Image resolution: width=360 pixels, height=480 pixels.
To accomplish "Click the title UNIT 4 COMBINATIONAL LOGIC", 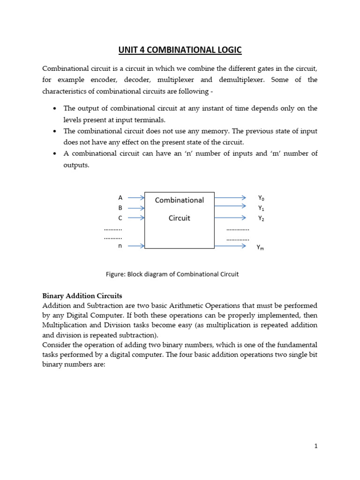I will tap(180, 51).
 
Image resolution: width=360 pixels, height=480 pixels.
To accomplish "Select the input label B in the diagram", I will tap(120, 208).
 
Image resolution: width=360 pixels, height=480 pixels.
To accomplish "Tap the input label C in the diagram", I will tap(120, 218).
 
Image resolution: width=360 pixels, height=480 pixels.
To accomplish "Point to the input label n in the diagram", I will tap(120, 245).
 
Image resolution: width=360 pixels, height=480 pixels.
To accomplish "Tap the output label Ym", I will tap(260, 247).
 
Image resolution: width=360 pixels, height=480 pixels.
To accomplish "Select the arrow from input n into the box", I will tap(136, 245).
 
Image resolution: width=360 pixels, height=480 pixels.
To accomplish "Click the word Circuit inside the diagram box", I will tap(180, 218).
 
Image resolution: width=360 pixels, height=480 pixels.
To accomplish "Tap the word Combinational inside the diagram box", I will tap(180, 200).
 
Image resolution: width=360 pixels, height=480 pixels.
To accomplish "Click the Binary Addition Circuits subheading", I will tap(82, 296).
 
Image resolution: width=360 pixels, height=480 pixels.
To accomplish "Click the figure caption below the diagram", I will tap(172, 274).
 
